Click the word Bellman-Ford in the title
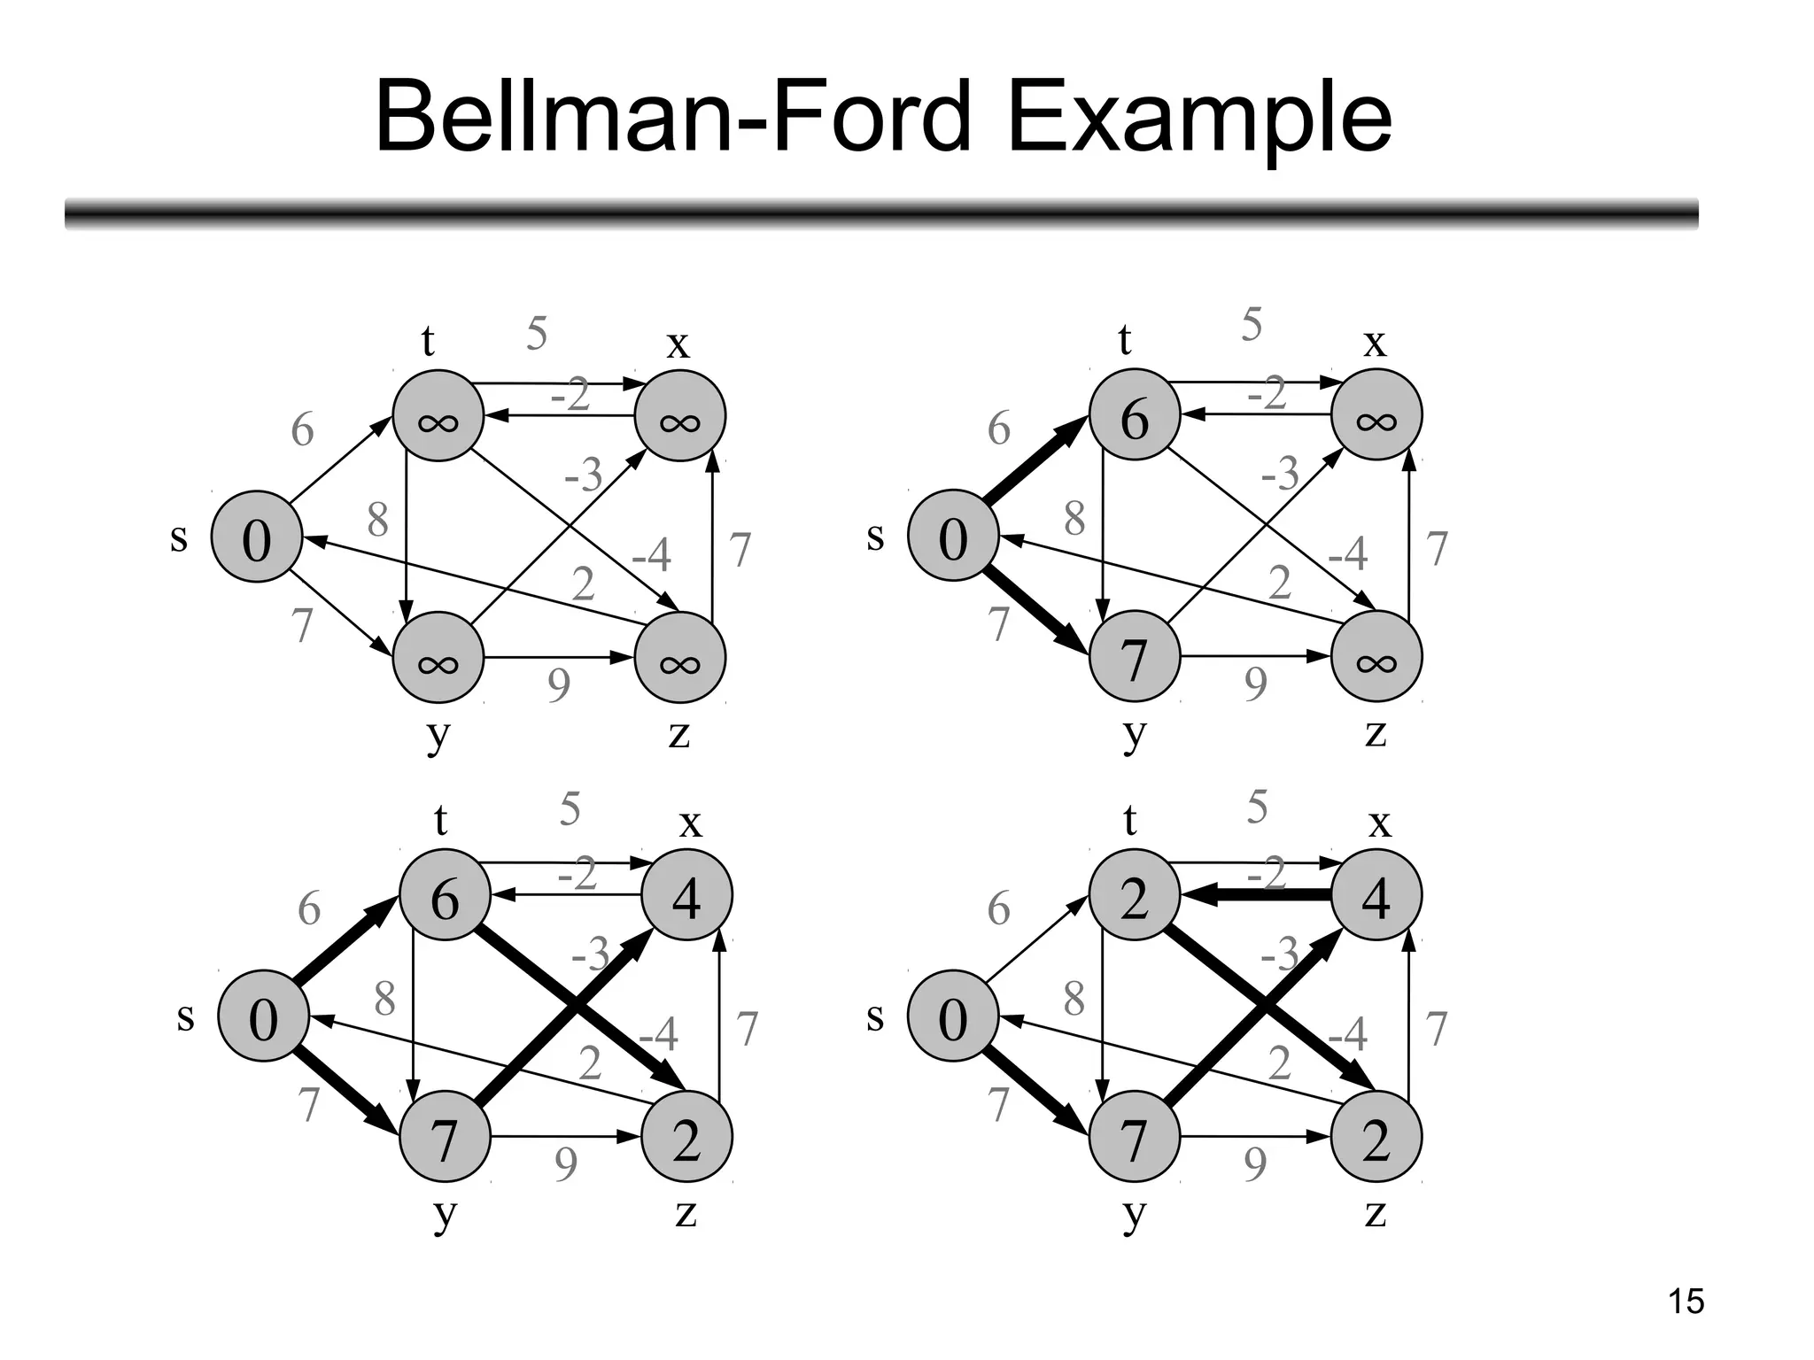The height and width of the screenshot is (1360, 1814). [673, 118]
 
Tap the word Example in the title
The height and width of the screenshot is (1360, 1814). [1199, 118]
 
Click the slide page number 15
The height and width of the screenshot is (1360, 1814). [1686, 1302]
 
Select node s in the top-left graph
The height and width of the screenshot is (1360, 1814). [257, 537]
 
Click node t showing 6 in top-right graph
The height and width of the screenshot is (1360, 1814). [1135, 415]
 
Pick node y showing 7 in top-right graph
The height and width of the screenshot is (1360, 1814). [1135, 658]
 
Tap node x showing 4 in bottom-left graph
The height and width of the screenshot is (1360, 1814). [686, 896]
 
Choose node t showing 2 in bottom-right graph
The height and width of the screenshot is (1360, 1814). [1135, 896]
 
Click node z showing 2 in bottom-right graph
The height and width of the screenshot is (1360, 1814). [1376, 1138]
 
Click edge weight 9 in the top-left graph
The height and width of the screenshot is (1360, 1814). [559, 684]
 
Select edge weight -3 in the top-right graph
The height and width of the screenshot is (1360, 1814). [1281, 473]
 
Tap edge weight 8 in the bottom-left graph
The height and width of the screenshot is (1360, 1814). [384, 999]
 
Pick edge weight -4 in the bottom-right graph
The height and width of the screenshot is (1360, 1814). [1348, 1033]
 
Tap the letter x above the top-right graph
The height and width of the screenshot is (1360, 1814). [1375, 342]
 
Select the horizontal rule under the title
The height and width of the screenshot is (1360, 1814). [881, 214]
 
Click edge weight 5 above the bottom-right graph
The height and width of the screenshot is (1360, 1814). [1258, 807]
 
